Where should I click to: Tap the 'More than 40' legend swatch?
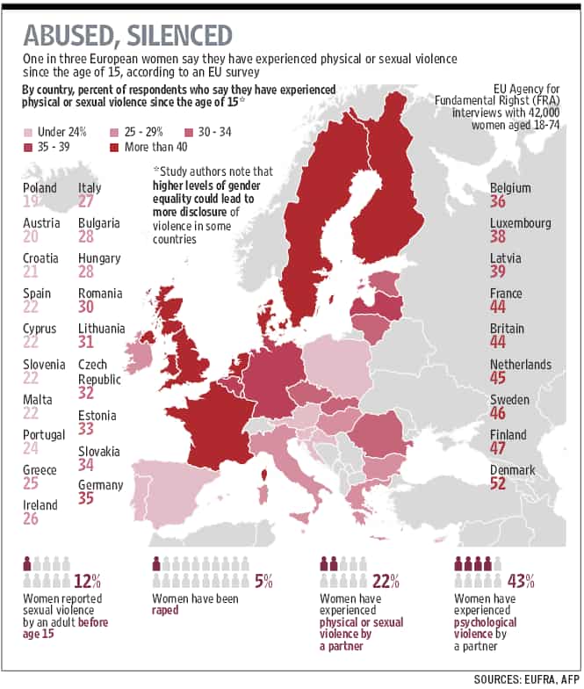(114, 148)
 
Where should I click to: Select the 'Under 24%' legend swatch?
(28, 132)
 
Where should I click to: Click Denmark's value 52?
(498, 483)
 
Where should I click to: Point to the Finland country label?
(508, 434)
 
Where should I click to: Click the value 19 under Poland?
(31, 201)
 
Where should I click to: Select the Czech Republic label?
(99, 372)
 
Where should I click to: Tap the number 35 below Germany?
(86, 498)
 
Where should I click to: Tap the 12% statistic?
(87, 582)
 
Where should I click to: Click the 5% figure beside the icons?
(263, 582)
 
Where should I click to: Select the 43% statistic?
(521, 582)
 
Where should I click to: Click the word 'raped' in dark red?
(165, 610)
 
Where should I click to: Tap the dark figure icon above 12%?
(27, 563)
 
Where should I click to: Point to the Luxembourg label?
(520, 223)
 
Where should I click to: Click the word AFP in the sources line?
(570, 679)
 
